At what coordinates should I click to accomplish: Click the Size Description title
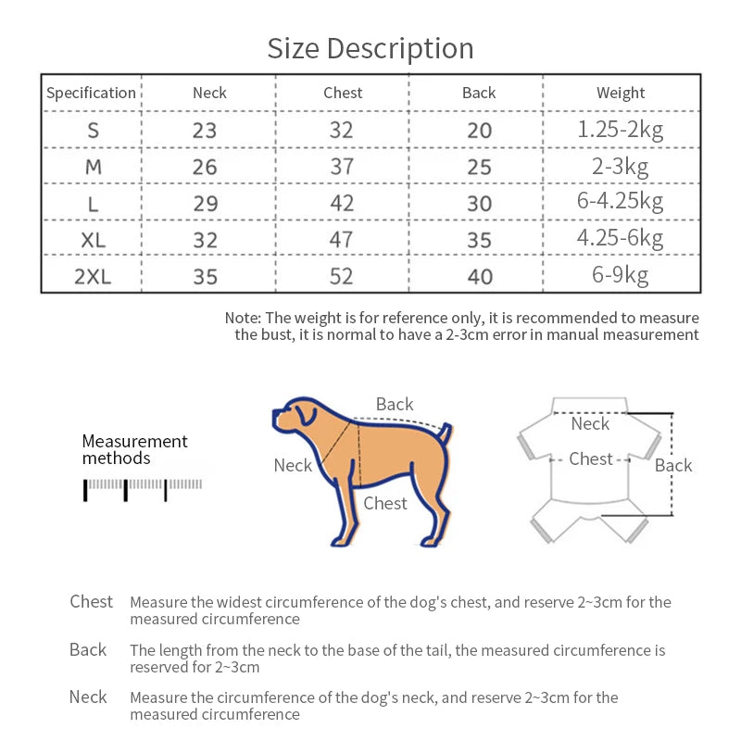pos(370,48)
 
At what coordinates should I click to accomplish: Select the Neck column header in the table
pos(209,93)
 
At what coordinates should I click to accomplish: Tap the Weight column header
pos(621,93)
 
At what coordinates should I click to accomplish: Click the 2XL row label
pos(93,276)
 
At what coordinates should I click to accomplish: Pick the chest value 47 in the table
pos(342,239)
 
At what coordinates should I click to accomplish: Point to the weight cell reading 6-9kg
pos(621,275)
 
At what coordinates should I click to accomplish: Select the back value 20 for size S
pos(479,131)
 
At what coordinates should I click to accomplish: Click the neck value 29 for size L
pos(205,203)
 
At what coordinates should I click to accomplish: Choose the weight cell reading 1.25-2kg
pos(621,130)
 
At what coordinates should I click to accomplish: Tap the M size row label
pos(93,167)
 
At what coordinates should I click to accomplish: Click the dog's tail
pos(446,433)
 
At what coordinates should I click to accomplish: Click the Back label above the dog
pos(395,405)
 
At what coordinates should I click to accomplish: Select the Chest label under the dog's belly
pos(385,503)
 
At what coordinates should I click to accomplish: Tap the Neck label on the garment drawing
pos(590,423)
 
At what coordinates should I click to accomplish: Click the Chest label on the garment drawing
pos(591,458)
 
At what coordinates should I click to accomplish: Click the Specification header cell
pos(91,93)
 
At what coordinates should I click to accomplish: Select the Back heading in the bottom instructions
pos(88,649)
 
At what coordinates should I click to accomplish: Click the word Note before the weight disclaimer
pos(243,318)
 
